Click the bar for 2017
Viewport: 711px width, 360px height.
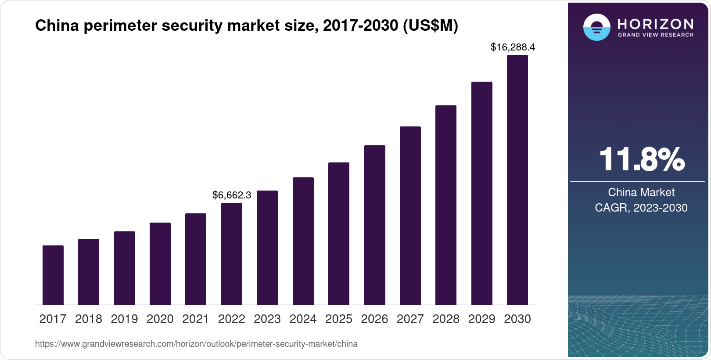(53, 275)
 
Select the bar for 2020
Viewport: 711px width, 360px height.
(160, 263)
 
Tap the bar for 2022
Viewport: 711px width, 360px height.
(232, 254)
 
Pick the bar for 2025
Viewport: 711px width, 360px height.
(339, 234)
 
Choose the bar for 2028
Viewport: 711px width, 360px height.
(446, 205)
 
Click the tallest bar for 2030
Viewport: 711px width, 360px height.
(517, 180)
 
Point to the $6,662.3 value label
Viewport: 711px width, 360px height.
(232, 195)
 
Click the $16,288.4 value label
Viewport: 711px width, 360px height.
(513, 47)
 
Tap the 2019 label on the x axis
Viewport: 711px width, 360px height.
(124, 319)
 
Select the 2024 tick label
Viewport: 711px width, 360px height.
(303, 319)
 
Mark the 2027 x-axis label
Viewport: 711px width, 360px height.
(410, 319)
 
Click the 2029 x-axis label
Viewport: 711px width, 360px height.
(481, 319)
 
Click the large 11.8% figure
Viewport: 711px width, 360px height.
(641, 159)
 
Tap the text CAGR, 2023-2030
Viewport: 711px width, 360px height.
(641, 208)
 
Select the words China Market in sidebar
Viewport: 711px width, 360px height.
(641, 192)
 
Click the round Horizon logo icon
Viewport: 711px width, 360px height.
(596, 27)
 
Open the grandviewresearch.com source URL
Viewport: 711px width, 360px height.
(196, 344)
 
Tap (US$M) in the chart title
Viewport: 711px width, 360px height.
(430, 26)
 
